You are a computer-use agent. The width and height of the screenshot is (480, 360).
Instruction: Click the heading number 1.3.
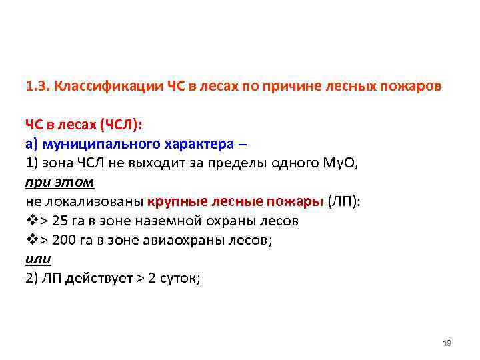[36, 87]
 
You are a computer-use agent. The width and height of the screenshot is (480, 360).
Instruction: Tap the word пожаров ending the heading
[414, 87]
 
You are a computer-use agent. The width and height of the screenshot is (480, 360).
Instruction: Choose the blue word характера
[187, 144]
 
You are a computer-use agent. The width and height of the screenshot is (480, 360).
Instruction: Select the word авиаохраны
[176, 240]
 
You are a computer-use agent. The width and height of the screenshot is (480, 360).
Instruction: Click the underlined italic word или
[38, 259]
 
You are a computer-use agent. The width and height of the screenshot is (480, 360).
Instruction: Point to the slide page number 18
[447, 343]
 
